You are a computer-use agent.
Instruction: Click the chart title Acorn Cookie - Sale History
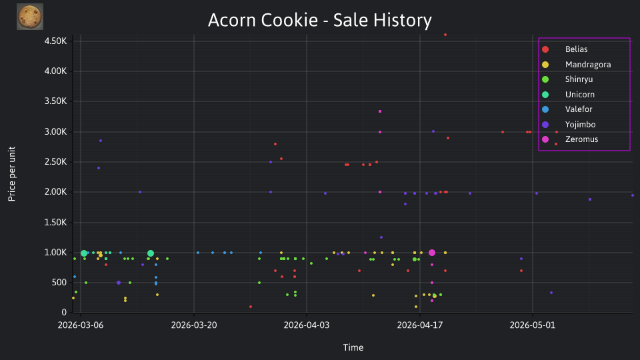319,20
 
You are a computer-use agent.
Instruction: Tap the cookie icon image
30,17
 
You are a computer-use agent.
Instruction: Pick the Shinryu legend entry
567,79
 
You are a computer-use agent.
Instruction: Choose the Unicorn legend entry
568,94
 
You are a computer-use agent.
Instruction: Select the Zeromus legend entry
570,139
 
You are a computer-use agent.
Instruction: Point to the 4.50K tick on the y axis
55,41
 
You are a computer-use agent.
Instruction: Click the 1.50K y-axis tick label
55,222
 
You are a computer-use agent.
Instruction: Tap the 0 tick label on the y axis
64,312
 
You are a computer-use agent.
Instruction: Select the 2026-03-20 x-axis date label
194,325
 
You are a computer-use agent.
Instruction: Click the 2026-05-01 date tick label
533,325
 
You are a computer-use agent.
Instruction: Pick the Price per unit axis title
12,174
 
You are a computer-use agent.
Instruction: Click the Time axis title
353,347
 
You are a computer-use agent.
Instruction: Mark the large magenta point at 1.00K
432,253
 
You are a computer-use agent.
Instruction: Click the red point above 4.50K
445,35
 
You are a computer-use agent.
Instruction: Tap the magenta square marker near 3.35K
380,111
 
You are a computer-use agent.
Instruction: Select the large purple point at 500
119,283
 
